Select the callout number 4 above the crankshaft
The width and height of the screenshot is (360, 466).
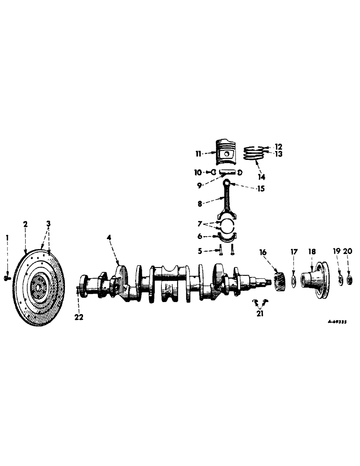(109, 238)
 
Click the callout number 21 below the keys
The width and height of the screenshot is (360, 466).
(260, 314)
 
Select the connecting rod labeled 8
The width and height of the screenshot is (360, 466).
(227, 200)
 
